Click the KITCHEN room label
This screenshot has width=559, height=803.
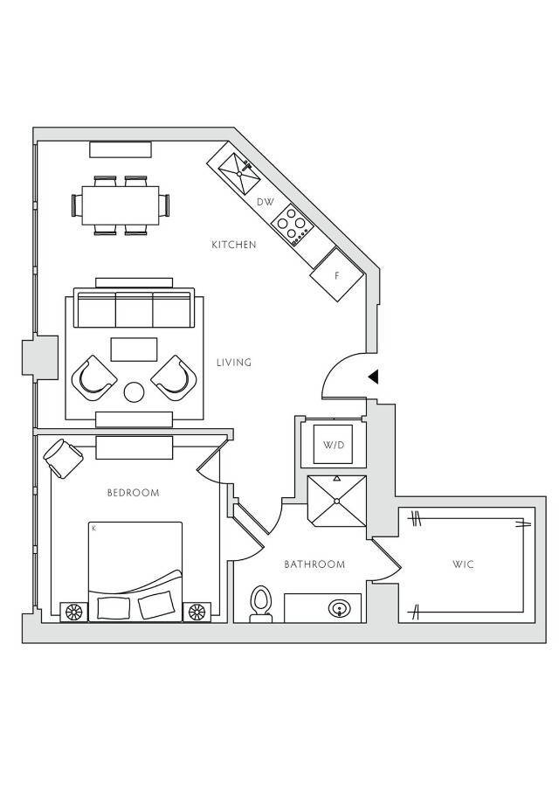[x=234, y=245]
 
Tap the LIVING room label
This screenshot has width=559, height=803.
[x=234, y=362]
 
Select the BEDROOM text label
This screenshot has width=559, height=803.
[x=133, y=493]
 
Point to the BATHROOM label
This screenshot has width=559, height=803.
[x=314, y=564]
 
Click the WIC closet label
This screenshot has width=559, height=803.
[x=463, y=564]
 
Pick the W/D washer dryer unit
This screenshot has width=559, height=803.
[x=334, y=446]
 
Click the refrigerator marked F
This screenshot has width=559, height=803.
[x=337, y=275]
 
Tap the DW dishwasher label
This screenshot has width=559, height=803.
[x=266, y=203]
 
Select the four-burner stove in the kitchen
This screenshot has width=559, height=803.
[x=292, y=225]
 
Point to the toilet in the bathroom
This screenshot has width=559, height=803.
[x=260, y=603]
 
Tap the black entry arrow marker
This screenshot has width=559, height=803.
[x=372, y=377]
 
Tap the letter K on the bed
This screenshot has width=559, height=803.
[x=93, y=529]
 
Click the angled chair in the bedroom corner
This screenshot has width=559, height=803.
[x=62, y=456]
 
